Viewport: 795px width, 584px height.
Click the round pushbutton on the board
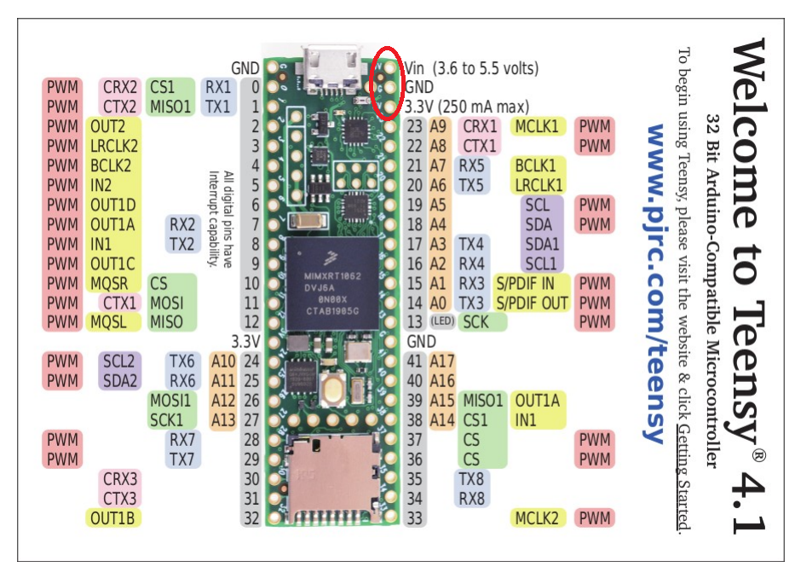(x=334, y=390)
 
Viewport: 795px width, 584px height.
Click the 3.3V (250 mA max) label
(x=466, y=107)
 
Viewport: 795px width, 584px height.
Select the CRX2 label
(x=120, y=87)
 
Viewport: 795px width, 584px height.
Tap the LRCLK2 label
(x=114, y=146)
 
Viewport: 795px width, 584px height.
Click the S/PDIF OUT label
(x=532, y=303)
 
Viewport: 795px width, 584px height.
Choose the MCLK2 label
(x=537, y=518)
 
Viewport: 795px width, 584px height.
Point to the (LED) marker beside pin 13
(x=441, y=322)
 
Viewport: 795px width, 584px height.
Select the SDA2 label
(x=119, y=380)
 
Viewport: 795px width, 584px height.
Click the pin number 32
(x=251, y=518)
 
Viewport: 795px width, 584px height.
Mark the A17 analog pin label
(x=442, y=361)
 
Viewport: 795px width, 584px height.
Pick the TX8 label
(x=471, y=478)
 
